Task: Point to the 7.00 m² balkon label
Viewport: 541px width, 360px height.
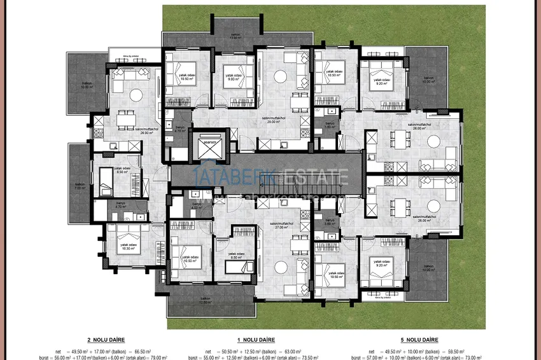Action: [80, 187]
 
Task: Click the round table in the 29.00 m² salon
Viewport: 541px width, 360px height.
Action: [279, 76]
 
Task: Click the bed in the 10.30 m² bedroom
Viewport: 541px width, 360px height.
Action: [128, 233]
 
